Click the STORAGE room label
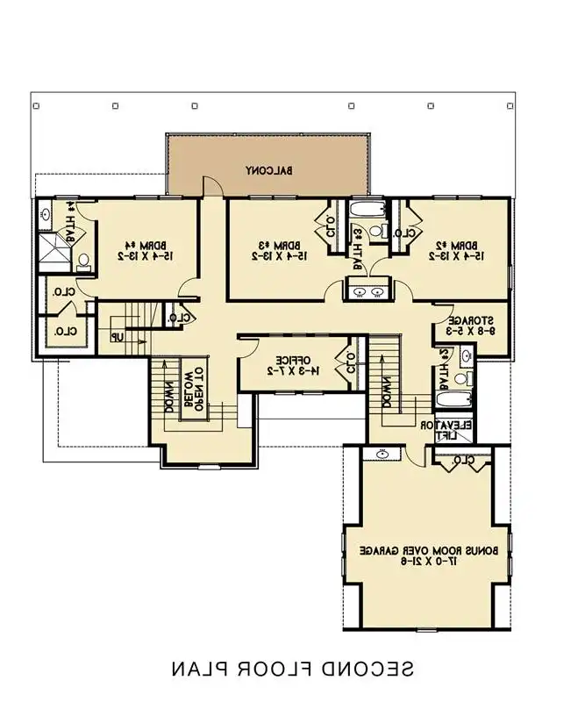(x=474, y=320)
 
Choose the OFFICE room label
(x=289, y=360)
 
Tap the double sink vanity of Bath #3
(x=367, y=291)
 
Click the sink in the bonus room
(x=382, y=455)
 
